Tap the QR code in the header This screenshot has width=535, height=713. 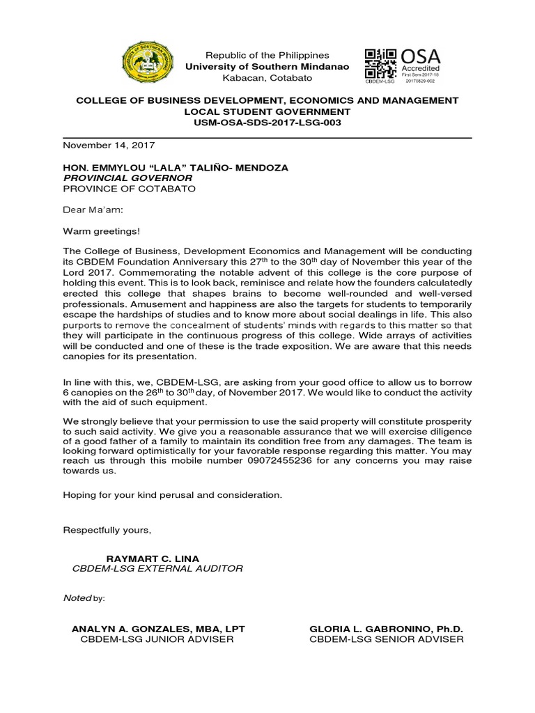(x=381, y=63)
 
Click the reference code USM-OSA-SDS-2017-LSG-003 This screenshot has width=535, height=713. (x=267, y=123)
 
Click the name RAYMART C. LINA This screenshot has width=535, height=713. (x=152, y=558)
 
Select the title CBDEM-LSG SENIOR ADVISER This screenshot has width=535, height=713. (x=387, y=639)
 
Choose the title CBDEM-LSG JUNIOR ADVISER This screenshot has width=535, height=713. (x=157, y=639)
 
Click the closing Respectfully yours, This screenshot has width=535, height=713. (x=107, y=530)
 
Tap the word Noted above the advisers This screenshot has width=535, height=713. (x=77, y=598)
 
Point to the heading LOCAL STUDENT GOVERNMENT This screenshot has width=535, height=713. (x=267, y=111)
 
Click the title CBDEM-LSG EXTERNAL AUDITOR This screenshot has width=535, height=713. (x=157, y=569)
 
